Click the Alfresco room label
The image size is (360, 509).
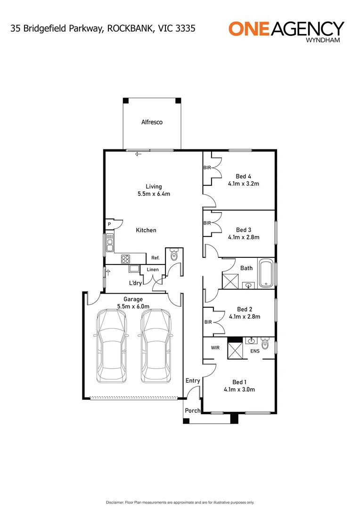pos(152,122)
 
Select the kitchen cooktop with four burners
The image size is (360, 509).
pos(126,258)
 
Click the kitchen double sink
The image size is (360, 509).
pos(110,243)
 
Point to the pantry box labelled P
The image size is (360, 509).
pos(109,225)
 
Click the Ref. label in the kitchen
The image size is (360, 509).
pos(155,258)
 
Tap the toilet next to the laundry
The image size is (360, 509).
pos(174,255)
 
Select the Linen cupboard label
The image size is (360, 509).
pos(153,270)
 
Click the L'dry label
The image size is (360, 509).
pos(136,283)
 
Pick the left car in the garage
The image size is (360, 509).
pos(111,346)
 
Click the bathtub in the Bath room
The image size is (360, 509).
pos(265,272)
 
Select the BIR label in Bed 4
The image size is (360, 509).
pos(207,167)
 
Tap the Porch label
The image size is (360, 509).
pos(192,410)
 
